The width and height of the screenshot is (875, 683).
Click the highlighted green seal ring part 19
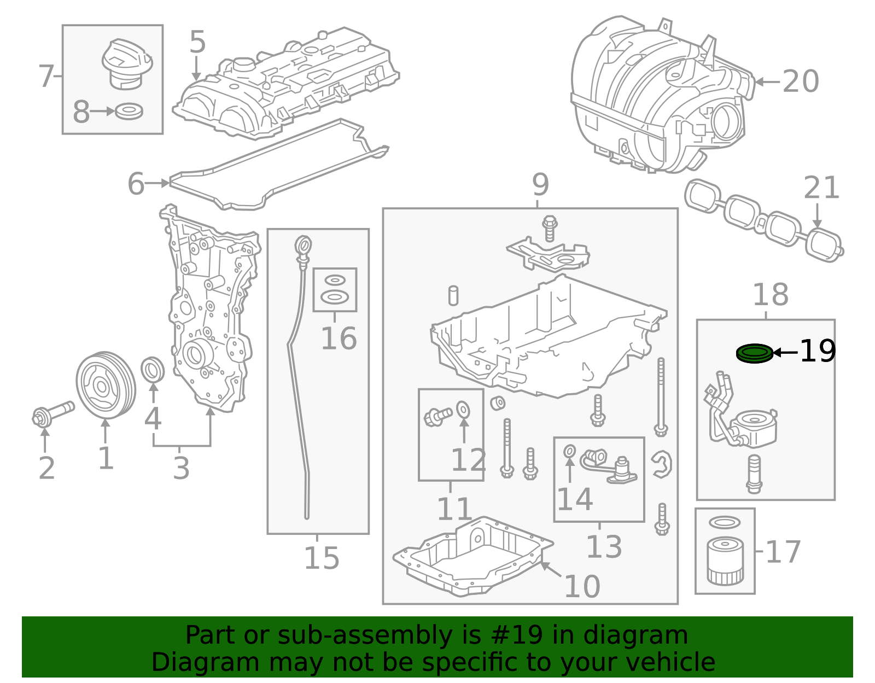pos(755,353)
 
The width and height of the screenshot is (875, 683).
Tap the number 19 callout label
pos(818,351)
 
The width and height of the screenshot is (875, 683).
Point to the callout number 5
pos(197,42)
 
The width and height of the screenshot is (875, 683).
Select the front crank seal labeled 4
pos(153,370)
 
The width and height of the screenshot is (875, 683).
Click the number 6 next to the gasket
pos(136,184)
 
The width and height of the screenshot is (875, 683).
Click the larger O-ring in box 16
pos(334,297)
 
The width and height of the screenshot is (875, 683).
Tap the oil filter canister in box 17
pos(725,561)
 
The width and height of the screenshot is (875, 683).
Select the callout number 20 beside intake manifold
pos(800,82)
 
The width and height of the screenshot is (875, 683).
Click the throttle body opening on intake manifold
pos(725,120)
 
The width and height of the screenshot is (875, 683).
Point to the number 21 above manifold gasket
pos(821,188)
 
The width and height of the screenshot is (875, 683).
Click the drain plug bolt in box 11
pos(437,417)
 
